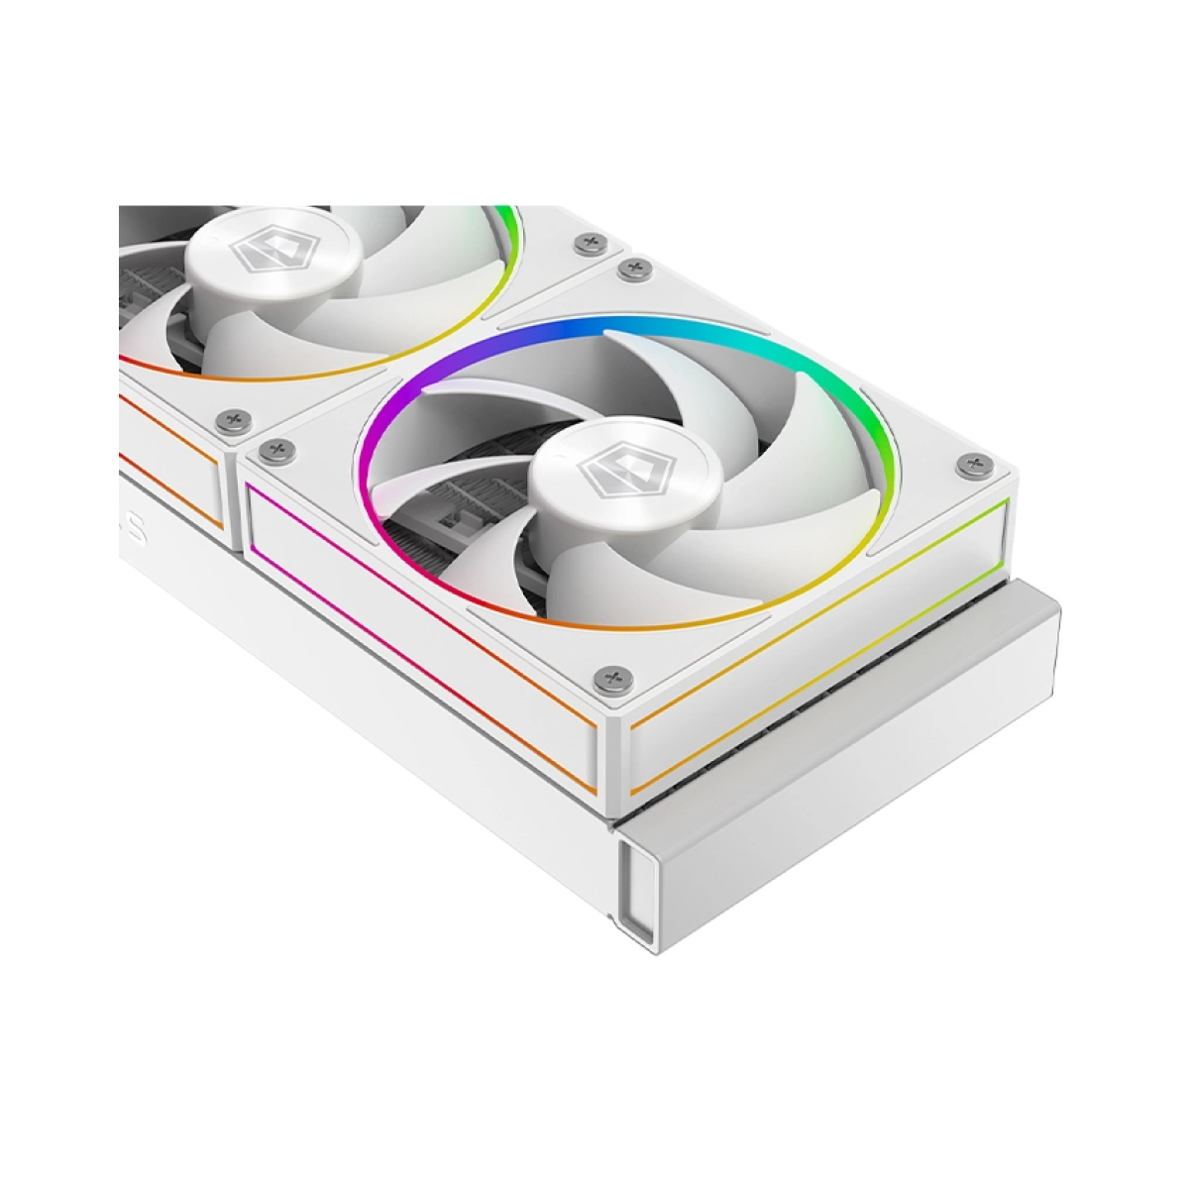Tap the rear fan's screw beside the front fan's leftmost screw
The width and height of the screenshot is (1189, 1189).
(235, 420)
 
